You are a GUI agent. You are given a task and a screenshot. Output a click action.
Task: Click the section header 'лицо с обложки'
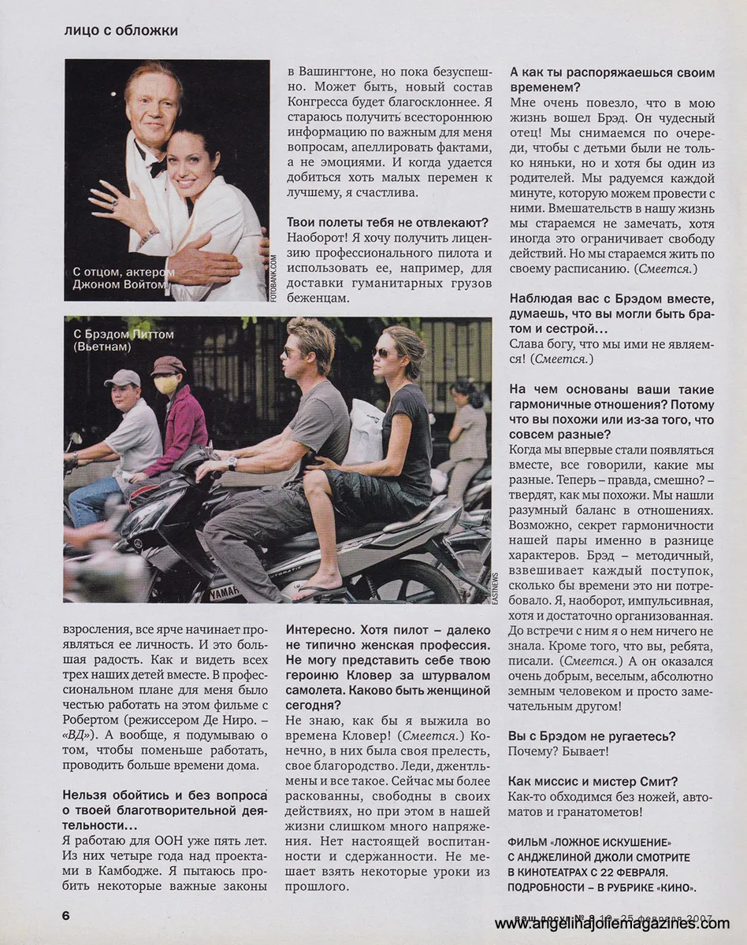[121, 31]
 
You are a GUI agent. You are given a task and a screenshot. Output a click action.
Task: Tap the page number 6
[67, 915]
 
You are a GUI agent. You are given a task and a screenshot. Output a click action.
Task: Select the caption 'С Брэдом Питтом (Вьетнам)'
[121, 339]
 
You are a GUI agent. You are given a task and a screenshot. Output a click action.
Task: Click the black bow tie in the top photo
[157, 167]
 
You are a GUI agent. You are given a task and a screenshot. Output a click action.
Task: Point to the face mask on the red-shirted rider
[166, 384]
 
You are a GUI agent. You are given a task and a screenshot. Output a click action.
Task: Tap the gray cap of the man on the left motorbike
[122, 378]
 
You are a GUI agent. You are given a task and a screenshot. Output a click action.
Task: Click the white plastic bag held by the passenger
[365, 432]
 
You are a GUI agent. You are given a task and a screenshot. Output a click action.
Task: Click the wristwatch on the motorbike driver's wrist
[232, 463]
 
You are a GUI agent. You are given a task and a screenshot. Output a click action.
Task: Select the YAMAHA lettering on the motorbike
[225, 591]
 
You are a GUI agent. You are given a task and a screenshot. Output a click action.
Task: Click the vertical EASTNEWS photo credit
[496, 586]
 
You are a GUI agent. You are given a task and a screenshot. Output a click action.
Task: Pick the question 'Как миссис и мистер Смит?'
[593, 781]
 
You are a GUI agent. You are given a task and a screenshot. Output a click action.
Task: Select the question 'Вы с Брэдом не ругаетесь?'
[593, 736]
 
